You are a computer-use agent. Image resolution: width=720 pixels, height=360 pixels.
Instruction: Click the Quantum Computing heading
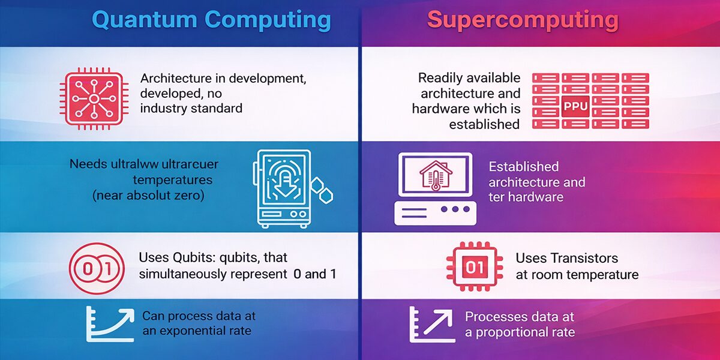click(211, 20)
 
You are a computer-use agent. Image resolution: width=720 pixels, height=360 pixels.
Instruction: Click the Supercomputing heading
click(523, 20)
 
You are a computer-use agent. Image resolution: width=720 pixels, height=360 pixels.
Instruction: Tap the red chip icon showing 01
click(474, 266)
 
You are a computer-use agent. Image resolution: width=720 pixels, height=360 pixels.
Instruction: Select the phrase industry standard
click(191, 109)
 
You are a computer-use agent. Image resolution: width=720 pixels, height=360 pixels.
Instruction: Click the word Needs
click(86, 163)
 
